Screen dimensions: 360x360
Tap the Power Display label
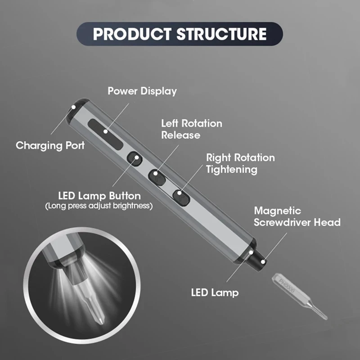(142, 91)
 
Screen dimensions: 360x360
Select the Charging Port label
(50, 145)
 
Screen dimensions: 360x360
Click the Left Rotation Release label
(192, 129)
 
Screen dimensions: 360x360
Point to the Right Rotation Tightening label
(240, 163)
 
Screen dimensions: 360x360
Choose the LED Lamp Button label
(99, 196)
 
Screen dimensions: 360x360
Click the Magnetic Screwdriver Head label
(297, 216)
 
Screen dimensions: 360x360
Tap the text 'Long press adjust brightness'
(99, 206)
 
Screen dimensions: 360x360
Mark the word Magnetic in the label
(278, 211)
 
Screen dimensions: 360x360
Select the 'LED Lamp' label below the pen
(214, 293)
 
